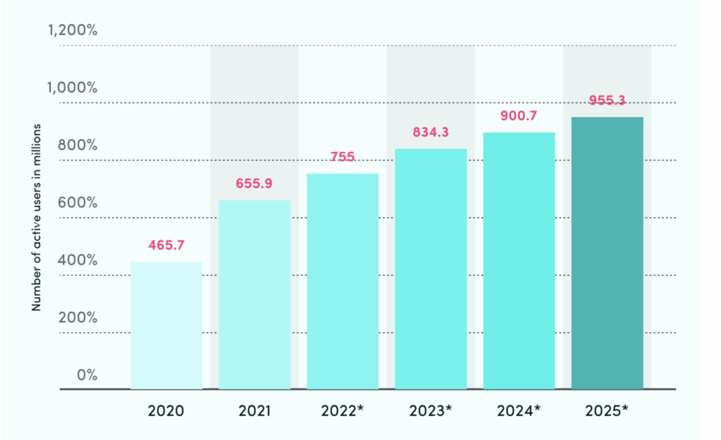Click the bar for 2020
point(167,325)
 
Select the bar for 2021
point(255,294)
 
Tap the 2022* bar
point(343,281)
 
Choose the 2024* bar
point(519,261)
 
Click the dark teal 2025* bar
point(608,253)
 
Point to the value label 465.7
point(167,245)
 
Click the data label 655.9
point(254,184)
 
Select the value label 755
point(343,157)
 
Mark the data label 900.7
point(519,116)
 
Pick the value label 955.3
point(607,100)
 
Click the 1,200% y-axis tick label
point(73,31)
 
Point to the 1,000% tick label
point(73,88)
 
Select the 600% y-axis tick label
point(78,203)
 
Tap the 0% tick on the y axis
point(87,375)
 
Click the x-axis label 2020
point(167,411)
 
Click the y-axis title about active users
point(36,218)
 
